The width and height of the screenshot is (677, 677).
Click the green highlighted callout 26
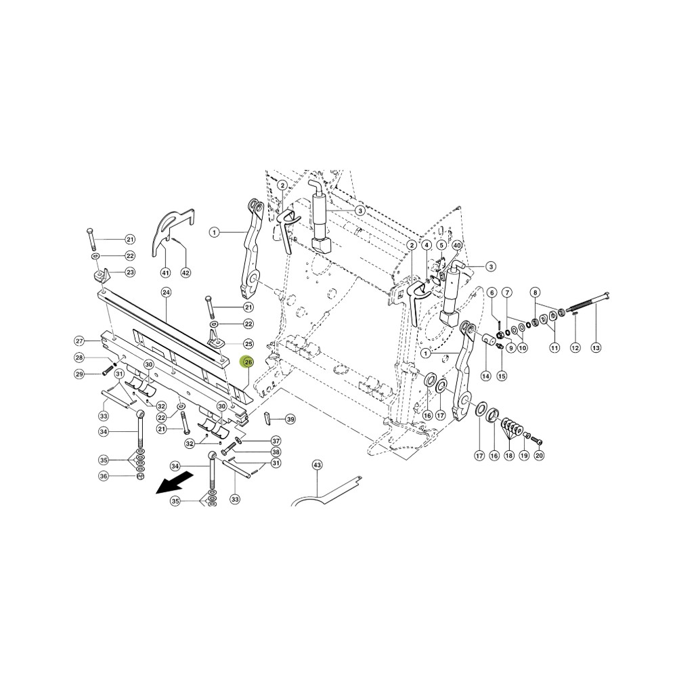click(x=248, y=362)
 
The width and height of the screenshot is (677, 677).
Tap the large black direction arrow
click(x=174, y=482)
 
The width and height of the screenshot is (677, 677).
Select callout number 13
click(x=596, y=347)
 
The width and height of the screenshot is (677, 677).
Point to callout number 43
click(x=318, y=465)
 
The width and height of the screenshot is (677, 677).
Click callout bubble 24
click(x=166, y=292)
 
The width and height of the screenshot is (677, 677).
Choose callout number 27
click(x=79, y=341)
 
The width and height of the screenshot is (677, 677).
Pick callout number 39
click(x=290, y=419)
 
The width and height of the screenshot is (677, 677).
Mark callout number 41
click(x=166, y=272)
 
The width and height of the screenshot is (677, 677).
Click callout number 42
click(x=185, y=272)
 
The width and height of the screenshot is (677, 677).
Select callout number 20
click(x=538, y=455)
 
